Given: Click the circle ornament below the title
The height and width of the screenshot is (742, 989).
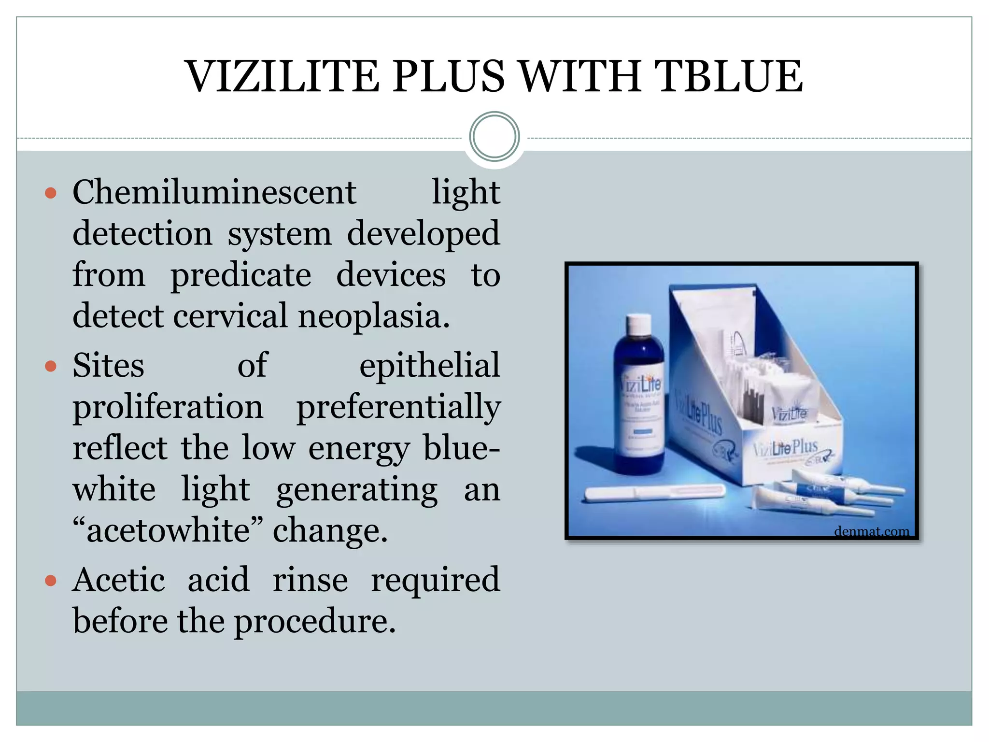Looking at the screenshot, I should [494, 137].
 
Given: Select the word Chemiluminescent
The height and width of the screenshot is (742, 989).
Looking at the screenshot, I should [214, 192].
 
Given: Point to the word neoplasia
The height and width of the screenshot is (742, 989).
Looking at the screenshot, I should [374, 316].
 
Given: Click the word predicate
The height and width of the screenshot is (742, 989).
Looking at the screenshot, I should [240, 275].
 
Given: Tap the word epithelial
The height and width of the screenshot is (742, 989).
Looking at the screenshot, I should [429, 365].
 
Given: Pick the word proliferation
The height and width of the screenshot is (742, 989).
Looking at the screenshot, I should [168, 407].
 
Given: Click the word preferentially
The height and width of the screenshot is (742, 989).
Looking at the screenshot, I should [398, 407].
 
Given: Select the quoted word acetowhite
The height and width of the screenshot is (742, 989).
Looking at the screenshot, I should [168, 531].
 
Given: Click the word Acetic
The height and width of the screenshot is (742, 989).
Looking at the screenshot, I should [119, 580].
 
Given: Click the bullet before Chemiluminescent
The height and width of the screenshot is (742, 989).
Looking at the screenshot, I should [51, 194].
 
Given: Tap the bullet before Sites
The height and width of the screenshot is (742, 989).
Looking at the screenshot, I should [51, 366].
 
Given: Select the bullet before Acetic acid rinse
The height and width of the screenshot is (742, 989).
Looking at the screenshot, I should [51, 581].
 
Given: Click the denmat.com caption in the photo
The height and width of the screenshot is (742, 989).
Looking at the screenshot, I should [871, 531].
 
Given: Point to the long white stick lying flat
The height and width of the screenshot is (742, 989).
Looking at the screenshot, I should [654, 493].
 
